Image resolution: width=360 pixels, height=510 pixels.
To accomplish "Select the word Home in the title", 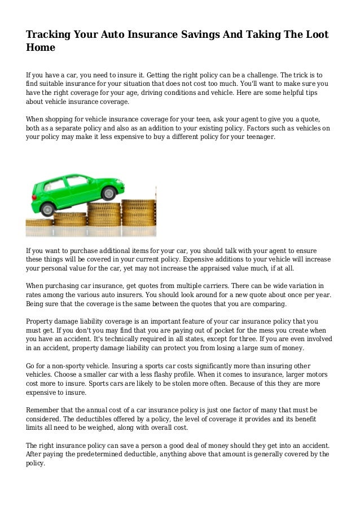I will [x=41, y=48].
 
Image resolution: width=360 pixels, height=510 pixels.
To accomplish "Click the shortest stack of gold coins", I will [x=39, y=223].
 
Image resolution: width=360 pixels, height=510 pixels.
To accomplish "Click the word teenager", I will [x=257, y=137].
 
